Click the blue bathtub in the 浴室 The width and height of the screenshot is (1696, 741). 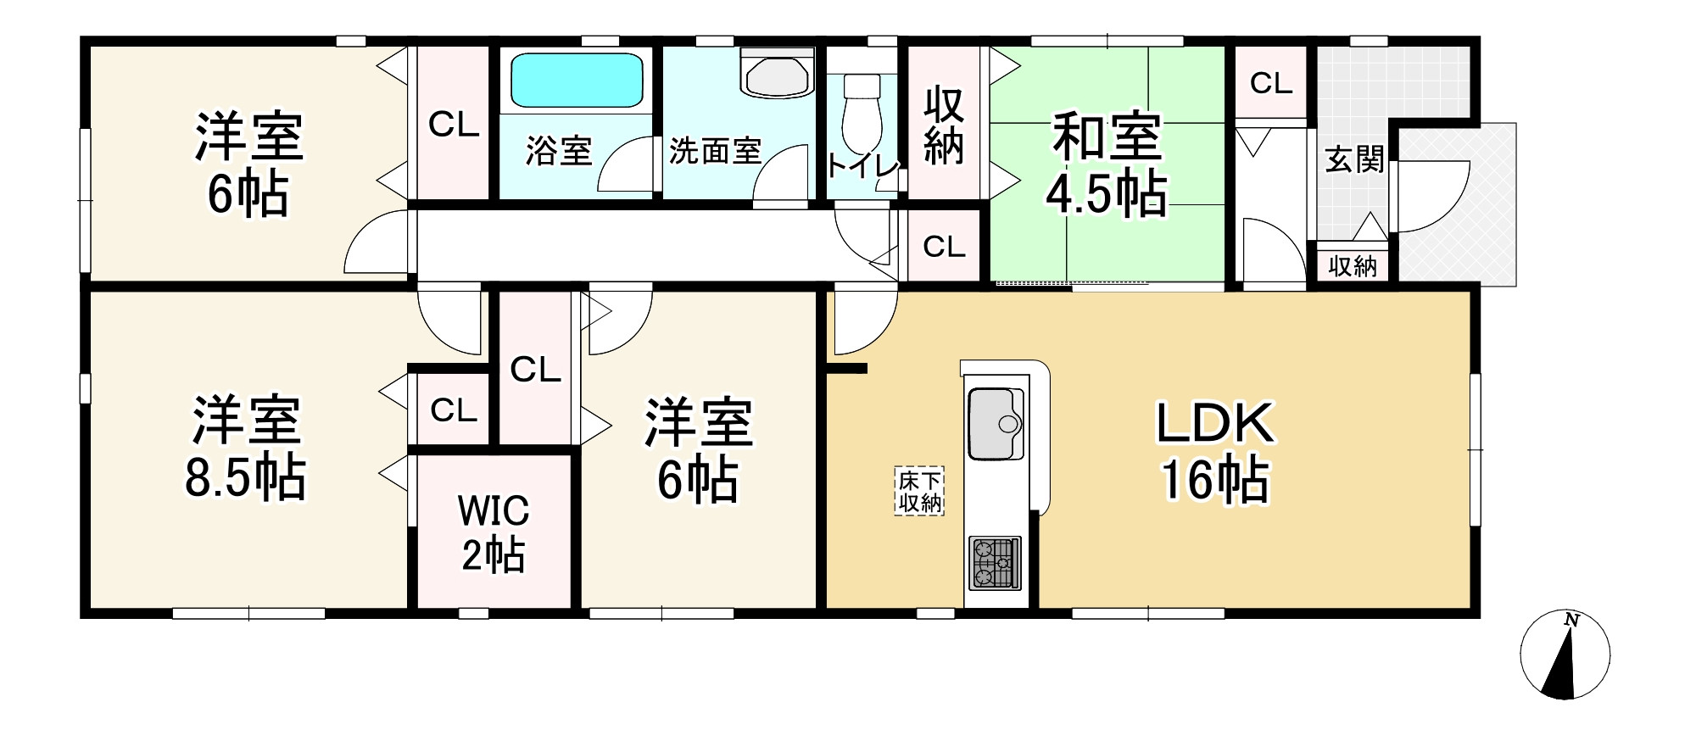tap(576, 81)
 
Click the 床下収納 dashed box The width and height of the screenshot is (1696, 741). tap(920, 491)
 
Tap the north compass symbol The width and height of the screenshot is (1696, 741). tap(1565, 655)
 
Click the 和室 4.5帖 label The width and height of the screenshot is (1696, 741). tap(1106, 164)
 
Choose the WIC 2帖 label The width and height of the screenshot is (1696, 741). tap(494, 532)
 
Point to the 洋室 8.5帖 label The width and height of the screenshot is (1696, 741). tap(246, 448)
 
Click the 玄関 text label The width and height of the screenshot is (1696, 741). tap(1354, 159)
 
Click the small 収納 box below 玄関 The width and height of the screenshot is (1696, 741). tap(1353, 266)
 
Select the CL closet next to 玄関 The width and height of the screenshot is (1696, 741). tap(1270, 82)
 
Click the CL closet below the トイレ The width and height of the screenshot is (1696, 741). tap(944, 247)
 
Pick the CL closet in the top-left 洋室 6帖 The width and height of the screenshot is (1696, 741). tap(454, 125)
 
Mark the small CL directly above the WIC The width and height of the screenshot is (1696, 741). tap(453, 410)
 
